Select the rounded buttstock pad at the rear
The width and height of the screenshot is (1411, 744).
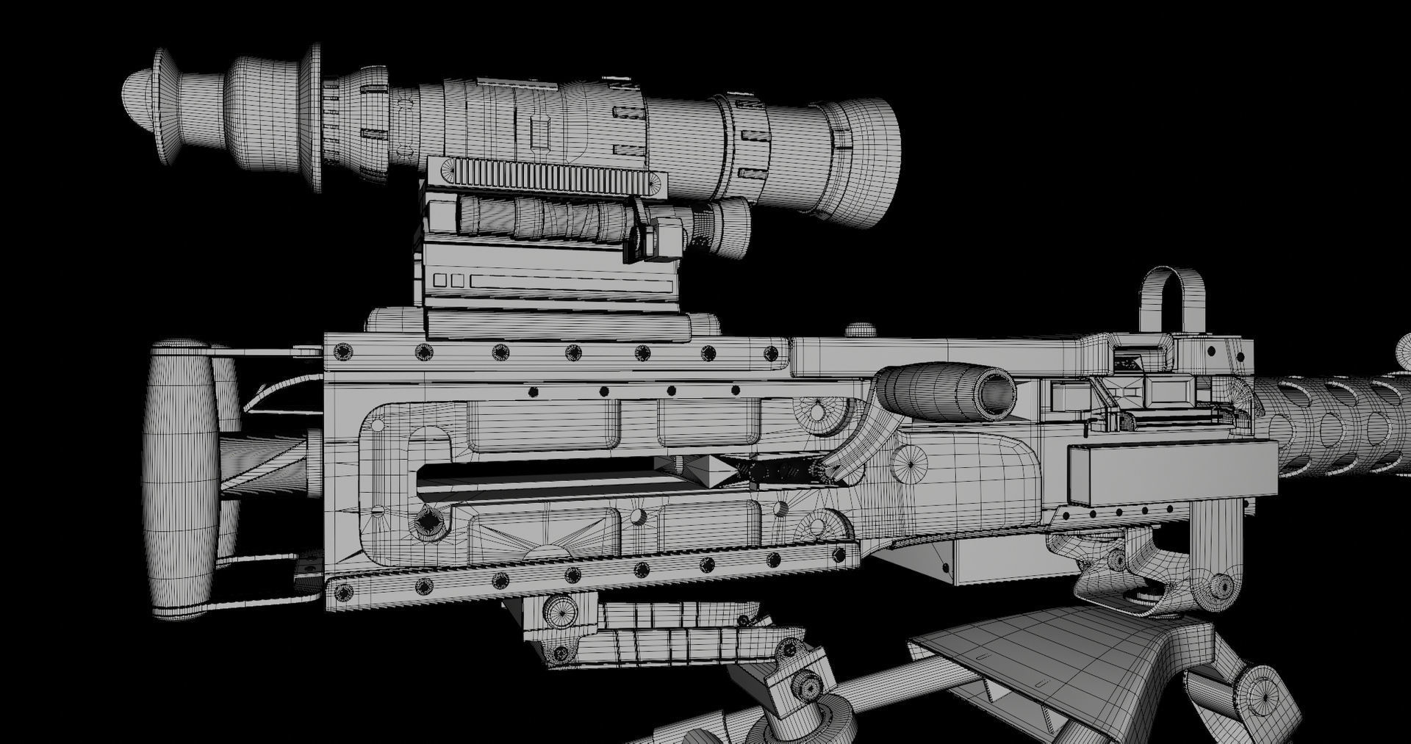coord(180,477)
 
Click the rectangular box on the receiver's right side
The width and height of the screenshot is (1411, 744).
coord(1171,474)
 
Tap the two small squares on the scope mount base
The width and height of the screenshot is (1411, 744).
coord(448,281)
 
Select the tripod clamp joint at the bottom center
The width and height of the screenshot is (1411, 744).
coord(797,679)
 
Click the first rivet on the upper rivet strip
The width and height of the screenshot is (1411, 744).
coord(342,353)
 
